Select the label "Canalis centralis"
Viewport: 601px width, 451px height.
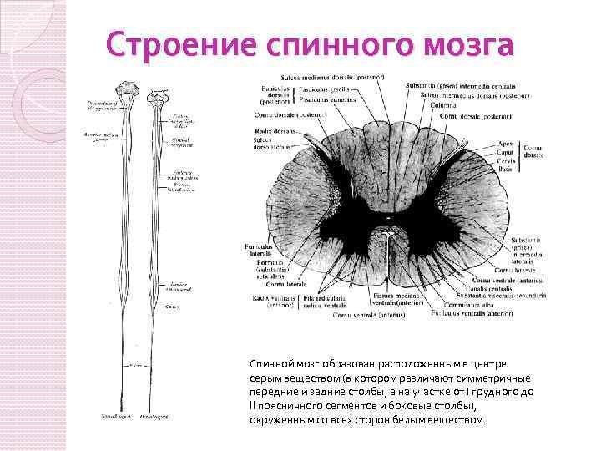point(480,289)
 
